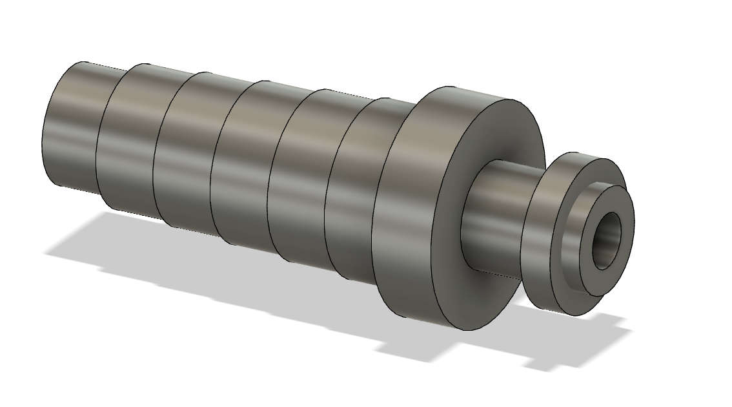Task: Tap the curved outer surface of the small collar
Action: tap(539, 239)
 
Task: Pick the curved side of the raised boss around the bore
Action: tap(571, 258)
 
